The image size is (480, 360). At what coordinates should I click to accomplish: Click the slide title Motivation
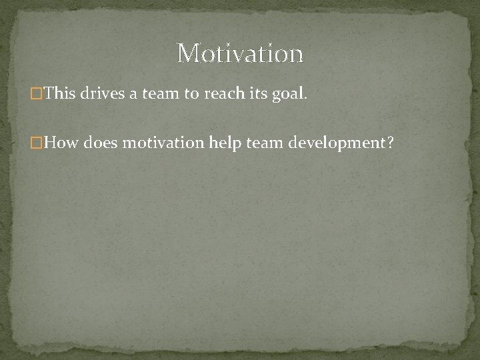point(240,53)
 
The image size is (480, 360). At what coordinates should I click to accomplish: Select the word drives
point(102,93)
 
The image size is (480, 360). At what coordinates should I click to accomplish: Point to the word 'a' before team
point(133,94)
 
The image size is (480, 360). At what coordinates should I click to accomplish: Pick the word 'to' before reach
point(191,93)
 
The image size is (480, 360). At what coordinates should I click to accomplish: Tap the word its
point(257,93)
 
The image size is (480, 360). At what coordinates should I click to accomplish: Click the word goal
point(287,95)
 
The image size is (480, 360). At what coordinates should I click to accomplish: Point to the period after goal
point(306,98)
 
